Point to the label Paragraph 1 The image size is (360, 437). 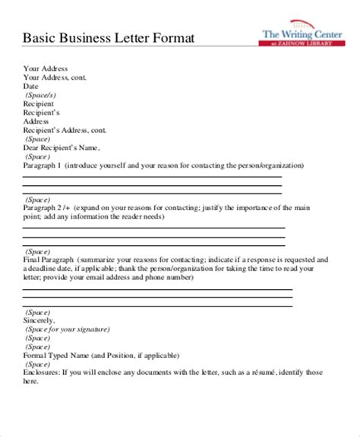click(x=43, y=164)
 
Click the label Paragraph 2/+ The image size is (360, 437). click(x=46, y=206)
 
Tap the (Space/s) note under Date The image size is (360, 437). click(x=40, y=96)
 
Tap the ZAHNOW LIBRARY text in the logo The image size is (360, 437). click(x=308, y=46)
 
